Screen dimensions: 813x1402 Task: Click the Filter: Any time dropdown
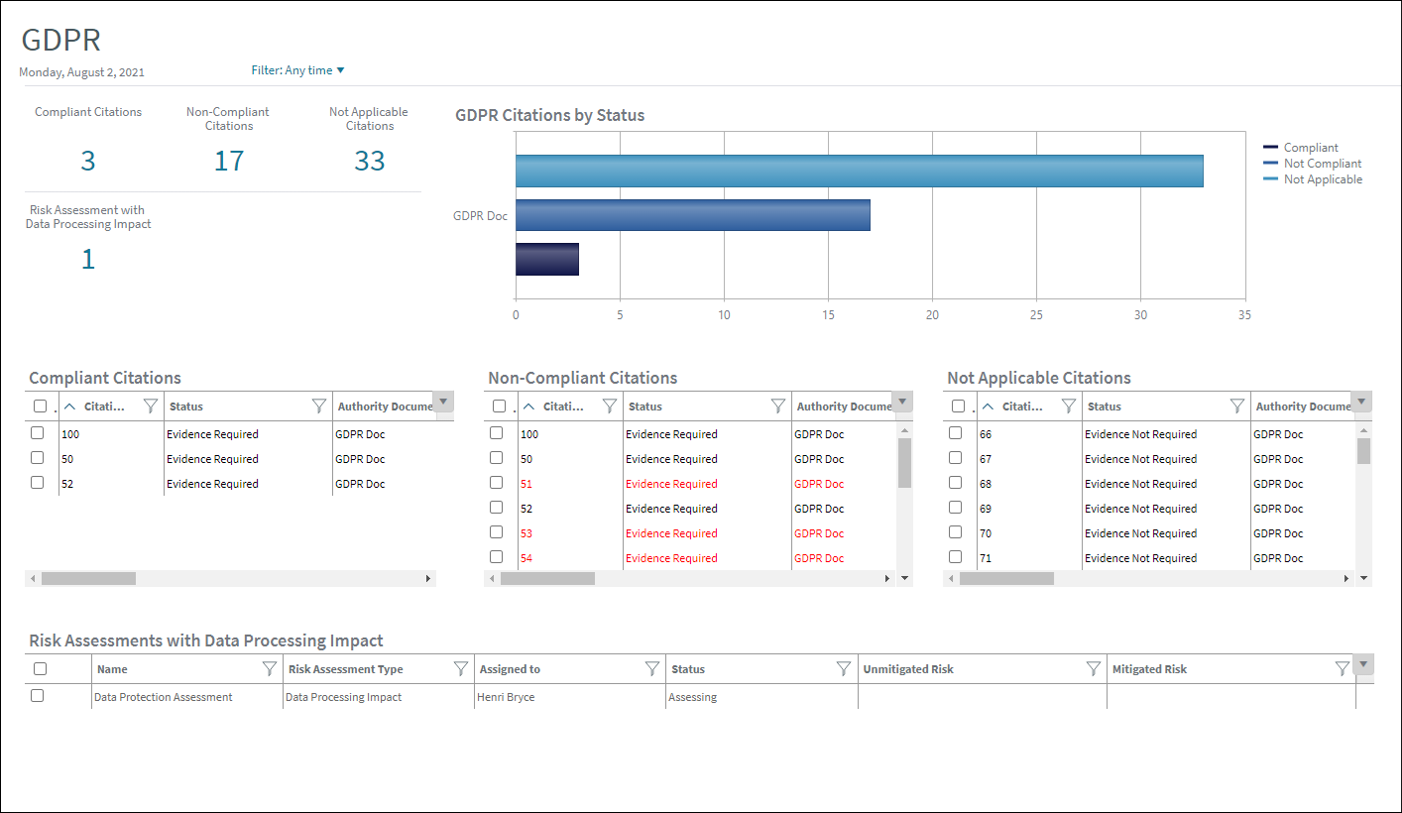point(297,70)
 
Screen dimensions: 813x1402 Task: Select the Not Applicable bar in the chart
point(859,171)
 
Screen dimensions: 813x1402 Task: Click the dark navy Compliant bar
point(546,259)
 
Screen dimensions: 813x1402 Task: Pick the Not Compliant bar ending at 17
point(692,215)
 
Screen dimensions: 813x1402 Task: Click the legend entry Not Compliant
point(1322,164)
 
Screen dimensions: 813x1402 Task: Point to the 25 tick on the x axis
point(1036,315)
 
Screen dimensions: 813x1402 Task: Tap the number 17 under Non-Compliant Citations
point(229,161)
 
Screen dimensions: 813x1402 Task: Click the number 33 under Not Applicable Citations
point(370,161)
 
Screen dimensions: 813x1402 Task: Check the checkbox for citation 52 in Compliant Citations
point(38,483)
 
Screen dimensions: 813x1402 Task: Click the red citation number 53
point(526,533)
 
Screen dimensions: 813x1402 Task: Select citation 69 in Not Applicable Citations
point(986,509)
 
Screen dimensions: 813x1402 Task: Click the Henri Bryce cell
point(506,697)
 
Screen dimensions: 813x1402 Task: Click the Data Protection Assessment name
point(164,697)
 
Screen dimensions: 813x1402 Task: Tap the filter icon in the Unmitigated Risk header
point(1093,669)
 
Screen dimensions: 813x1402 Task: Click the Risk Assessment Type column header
point(346,669)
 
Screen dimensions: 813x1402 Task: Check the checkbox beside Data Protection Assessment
point(38,696)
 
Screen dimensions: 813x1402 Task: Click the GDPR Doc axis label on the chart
point(480,215)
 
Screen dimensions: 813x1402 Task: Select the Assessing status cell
point(693,697)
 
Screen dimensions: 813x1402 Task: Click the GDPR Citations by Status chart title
point(550,115)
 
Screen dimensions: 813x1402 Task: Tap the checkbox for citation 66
point(956,433)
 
